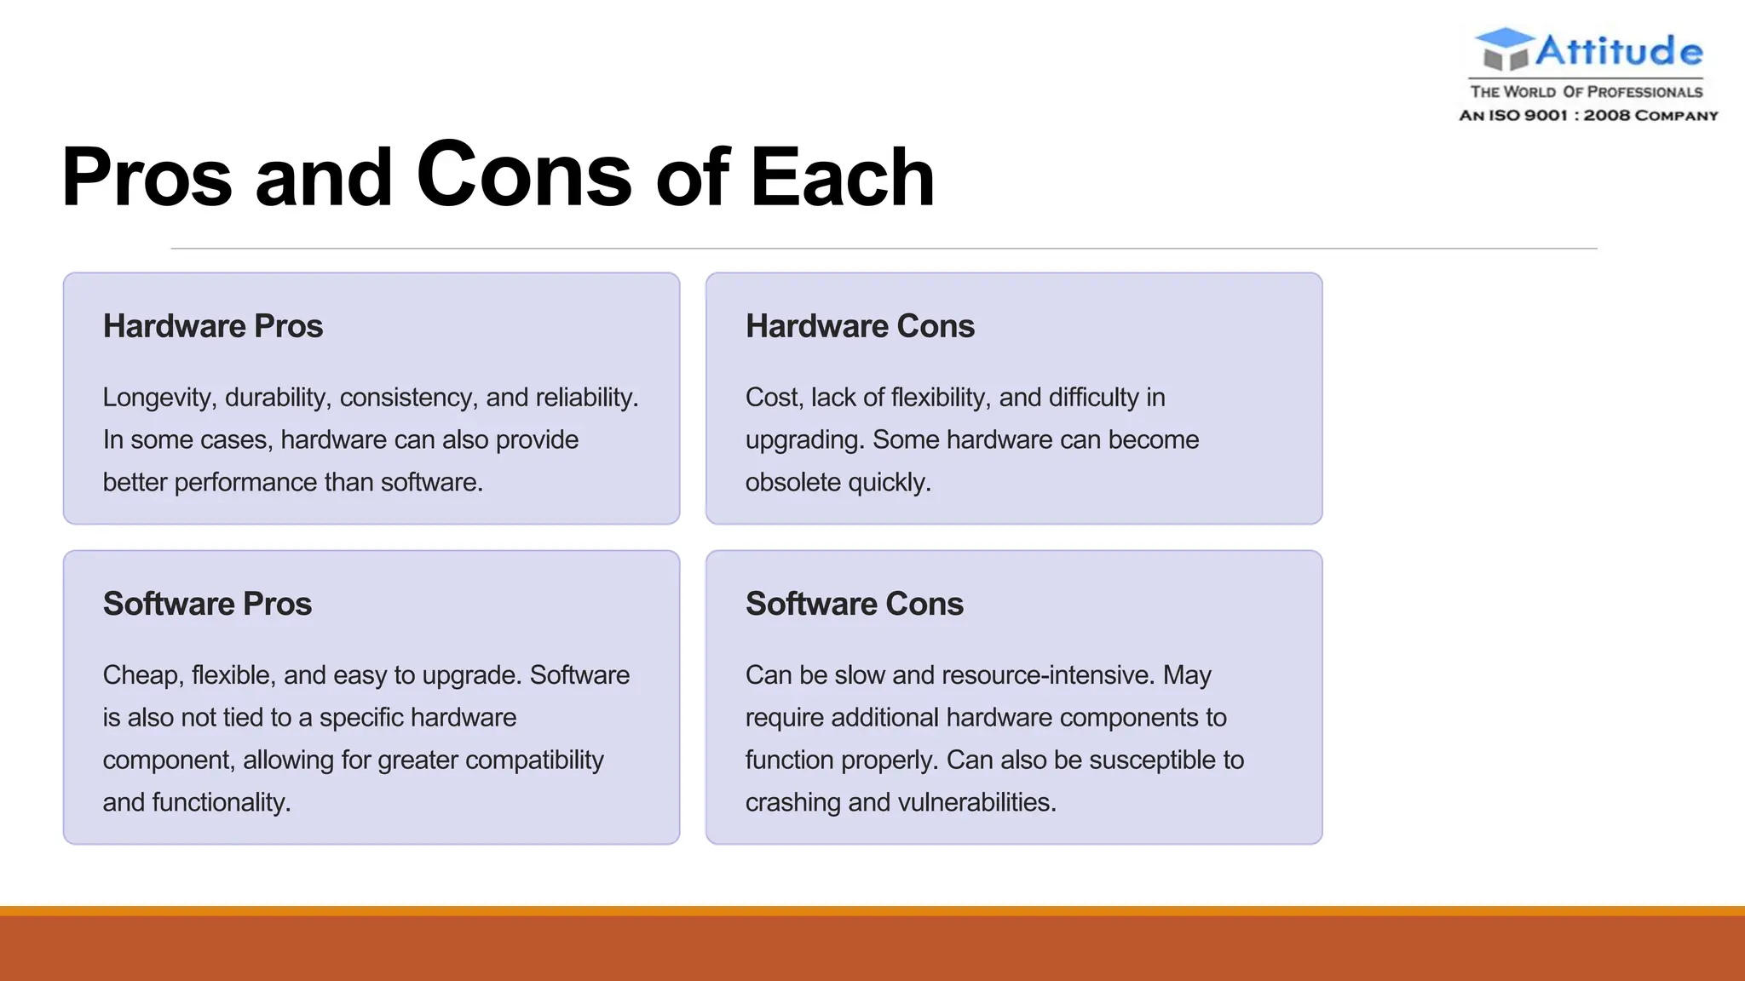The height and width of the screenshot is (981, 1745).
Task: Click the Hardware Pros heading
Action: [x=212, y=326]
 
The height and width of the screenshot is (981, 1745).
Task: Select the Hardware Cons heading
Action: [x=859, y=326]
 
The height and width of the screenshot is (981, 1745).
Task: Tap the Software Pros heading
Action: [x=207, y=604]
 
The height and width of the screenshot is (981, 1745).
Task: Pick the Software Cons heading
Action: [x=854, y=604]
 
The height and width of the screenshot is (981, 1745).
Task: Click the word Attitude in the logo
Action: [x=1618, y=51]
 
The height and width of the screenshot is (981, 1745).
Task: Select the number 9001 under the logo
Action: [x=1545, y=115]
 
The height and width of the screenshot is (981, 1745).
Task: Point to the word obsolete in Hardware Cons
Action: [x=792, y=483]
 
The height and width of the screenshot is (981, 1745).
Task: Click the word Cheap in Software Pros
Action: [x=141, y=675]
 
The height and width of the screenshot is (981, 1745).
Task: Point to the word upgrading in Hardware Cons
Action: [x=804, y=440]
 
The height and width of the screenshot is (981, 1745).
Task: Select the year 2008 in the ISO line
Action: [x=1606, y=115]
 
